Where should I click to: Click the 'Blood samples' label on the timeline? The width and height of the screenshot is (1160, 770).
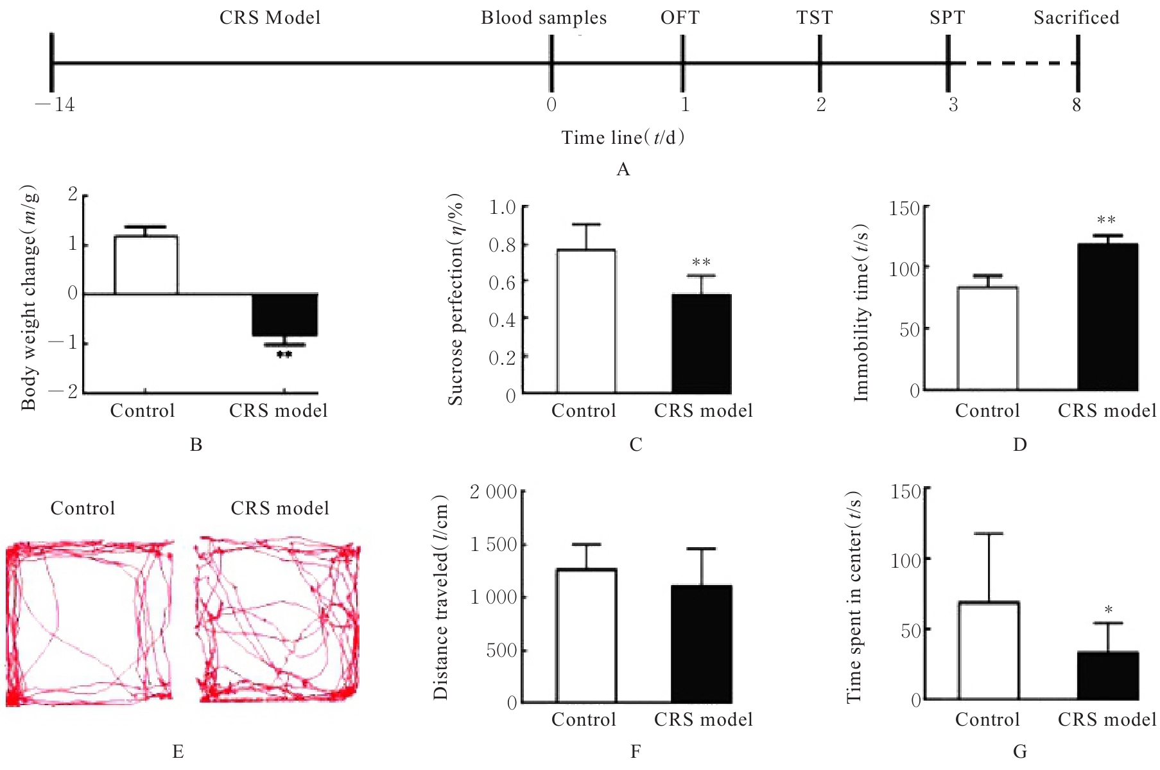[544, 18]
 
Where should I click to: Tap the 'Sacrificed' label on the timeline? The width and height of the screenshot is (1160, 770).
[1076, 18]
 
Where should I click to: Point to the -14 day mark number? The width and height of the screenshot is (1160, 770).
[56, 105]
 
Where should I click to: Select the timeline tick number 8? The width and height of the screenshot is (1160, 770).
[1077, 105]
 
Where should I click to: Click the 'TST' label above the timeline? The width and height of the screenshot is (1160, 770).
[815, 18]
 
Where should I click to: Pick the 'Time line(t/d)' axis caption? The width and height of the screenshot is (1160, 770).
[623, 137]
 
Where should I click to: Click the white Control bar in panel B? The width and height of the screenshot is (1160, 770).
[146, 265]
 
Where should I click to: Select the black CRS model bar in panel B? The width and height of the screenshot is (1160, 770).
[284, 315]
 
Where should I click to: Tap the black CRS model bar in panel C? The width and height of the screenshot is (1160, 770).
[702, 344]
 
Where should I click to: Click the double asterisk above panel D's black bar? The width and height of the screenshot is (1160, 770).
[1106, 221]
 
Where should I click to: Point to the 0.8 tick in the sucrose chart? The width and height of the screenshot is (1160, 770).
[502, 245]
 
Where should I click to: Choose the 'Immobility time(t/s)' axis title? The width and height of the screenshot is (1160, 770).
[861, 313]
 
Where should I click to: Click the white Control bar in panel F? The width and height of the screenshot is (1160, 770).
[586, 635]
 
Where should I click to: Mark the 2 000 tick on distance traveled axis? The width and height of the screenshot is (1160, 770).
[493, 493]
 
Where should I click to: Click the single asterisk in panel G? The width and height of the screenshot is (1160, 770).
[1108, 610]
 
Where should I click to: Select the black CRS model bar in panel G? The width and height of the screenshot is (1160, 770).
[1108, 676]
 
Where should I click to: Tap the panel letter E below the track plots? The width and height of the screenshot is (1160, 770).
[178, 751]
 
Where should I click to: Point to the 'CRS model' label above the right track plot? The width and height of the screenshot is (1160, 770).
[280, 509]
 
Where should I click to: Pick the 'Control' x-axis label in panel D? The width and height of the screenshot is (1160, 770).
[987, 411]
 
